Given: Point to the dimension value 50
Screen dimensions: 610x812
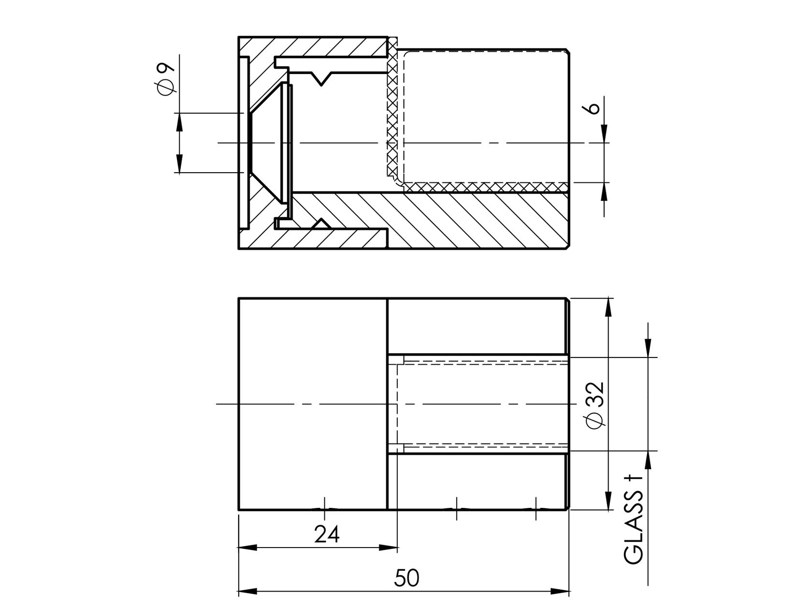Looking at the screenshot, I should coord(406,578).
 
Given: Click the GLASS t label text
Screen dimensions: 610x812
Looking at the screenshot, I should coord(635,520).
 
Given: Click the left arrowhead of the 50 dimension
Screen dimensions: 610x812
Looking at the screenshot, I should coord(246,591).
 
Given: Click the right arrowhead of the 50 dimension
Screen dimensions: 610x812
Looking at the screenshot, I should coord(561,591).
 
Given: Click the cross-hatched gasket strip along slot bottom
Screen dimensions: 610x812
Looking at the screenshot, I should coord(483,186).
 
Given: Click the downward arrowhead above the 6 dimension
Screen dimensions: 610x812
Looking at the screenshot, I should coord(605,134).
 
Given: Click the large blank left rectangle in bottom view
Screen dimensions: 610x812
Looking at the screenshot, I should coord(313,404).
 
